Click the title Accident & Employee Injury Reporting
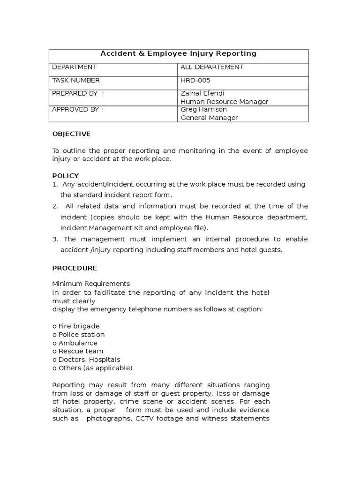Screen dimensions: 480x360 click(179, 54)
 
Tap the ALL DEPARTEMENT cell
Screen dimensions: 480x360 click(212, 67)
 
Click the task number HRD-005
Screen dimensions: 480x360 click(195, 80)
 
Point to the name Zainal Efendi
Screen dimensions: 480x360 click(199, 93)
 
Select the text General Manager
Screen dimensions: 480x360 click(209, 118)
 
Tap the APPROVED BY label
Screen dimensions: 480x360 click(77, 110)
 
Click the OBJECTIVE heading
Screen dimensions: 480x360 click(71, 134)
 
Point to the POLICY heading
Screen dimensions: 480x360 click(65, 175)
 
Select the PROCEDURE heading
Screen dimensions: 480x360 click(74, 268)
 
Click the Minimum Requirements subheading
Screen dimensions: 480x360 click(90, 284)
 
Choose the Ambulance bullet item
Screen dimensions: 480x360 click(75, 343)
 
